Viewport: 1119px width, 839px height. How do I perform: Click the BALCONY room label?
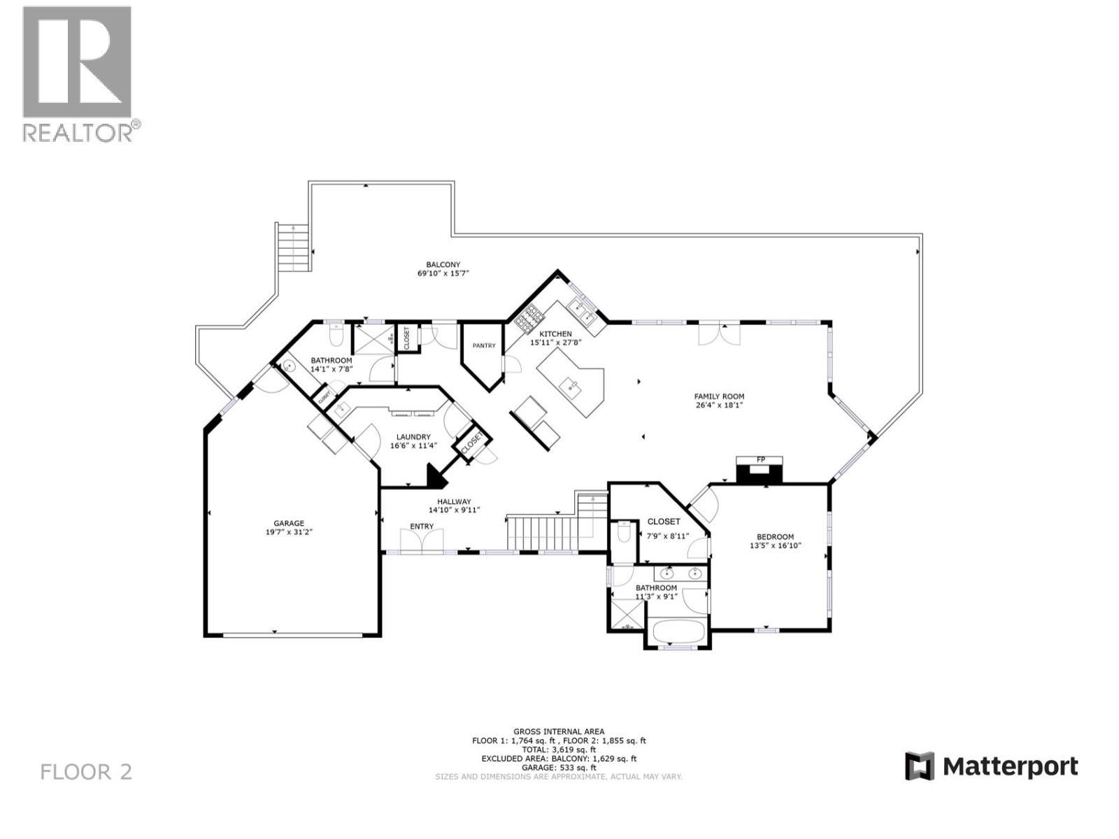click(443, 264)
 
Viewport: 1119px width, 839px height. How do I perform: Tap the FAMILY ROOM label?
click(719, 396)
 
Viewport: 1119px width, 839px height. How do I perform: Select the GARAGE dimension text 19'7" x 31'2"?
click(289, 532)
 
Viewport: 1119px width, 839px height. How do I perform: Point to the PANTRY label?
click(483, 345)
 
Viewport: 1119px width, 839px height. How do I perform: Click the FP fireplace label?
click(760, 459)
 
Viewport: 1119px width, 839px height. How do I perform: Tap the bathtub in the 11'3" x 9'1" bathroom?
click(677, 631)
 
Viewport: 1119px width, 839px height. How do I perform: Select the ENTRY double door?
click(422, 540)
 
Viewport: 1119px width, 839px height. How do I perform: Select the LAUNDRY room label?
click(413, 437)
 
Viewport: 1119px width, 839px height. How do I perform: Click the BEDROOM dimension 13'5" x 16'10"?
click(775, 545)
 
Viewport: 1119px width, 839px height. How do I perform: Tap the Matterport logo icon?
click(920, 766)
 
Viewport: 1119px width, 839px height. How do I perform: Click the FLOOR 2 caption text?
click(86, 772)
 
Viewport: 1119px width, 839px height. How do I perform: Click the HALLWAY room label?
click(454, 501)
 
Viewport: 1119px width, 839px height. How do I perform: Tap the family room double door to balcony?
click(719, 334)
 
